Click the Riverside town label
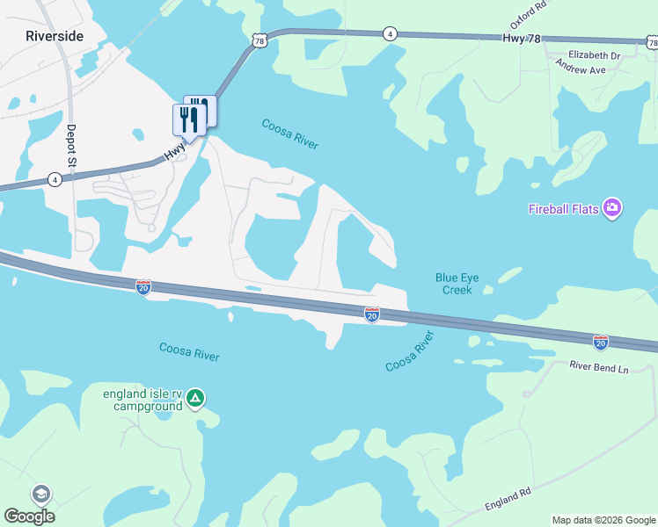coord(55,36)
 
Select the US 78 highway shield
coord(258,40)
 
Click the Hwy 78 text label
coord(522,39)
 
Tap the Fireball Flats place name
coord(563,209)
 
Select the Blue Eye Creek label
coord(457,284)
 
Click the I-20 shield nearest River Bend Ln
coord(601,342)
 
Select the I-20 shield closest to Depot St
coord(143,286)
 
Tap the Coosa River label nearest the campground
coord(189,351)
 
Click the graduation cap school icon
coord(41,495)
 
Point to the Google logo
coord(29,516)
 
